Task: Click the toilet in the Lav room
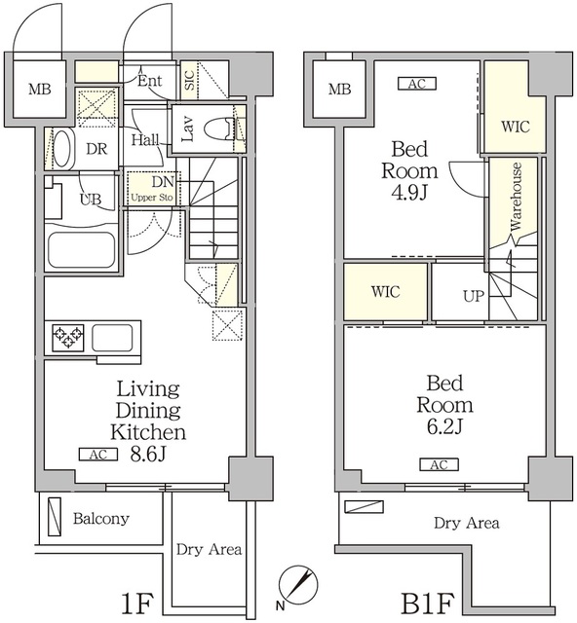(218, 128)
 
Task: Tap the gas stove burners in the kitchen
(68, 338)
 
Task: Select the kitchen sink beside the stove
(113, 338)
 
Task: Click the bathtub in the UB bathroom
(82, 250)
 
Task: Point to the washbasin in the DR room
(63, 149)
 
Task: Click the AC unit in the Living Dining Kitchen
(98, 455)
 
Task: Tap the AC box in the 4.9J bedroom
(417, 84)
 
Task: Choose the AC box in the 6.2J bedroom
(439, 464)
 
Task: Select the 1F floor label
(136, 604)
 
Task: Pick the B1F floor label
(427, 604)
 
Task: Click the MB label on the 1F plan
(40, 89)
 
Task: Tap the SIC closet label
(189, 80)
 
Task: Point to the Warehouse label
(516, 197)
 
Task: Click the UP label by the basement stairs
(474, 296)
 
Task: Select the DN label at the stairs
(163, 182)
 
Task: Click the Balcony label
(101, 519)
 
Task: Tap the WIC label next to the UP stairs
(385, 292)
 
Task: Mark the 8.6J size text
(147, 455)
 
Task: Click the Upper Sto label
(152, 198)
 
